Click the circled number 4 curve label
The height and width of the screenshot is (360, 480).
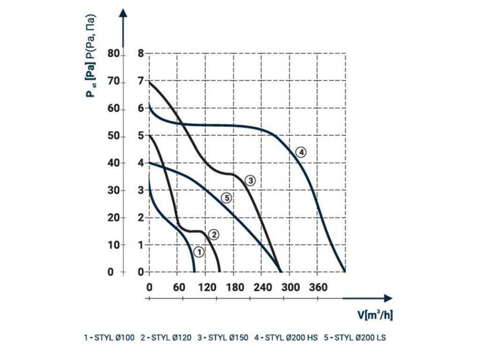[x=301, y=152]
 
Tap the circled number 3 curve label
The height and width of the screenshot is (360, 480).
[x=250, y=180]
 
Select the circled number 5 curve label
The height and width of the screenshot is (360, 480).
[x=226, y=198]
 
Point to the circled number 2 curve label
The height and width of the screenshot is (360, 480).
[x=213, y=234]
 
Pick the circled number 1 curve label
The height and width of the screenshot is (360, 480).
[x=199, y=252]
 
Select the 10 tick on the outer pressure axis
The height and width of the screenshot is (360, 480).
[x=114, y=245]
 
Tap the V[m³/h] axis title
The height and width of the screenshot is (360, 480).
[x=375, y=315]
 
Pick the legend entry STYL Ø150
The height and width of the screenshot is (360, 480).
[x=223, y=337]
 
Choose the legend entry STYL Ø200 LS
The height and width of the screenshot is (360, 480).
[x=355, y=337]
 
